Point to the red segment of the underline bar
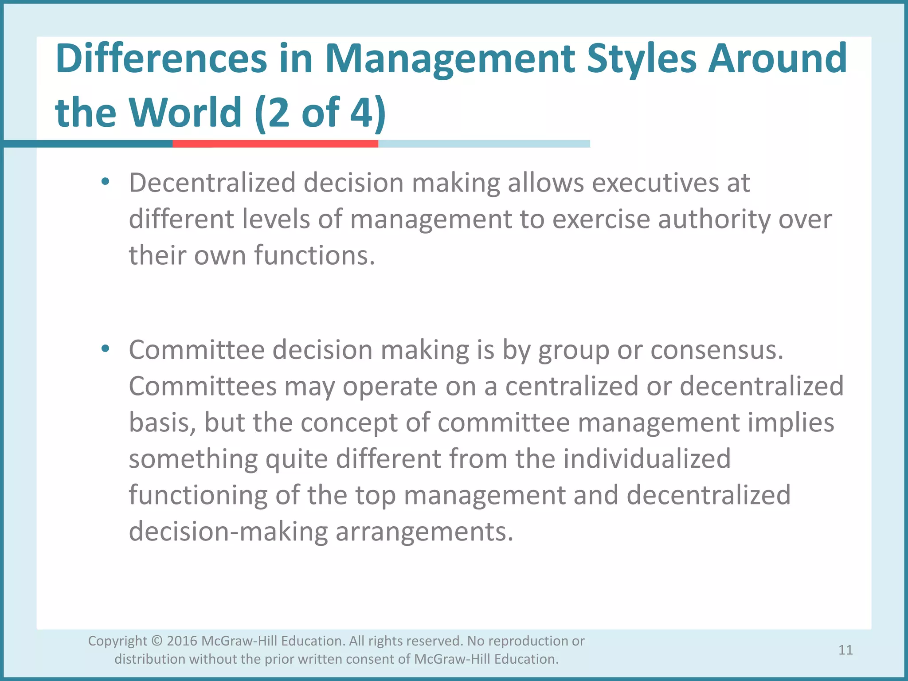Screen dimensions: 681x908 point(275,144)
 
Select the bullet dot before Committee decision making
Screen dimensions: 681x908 point(105,348)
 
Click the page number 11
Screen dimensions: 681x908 point(845,650)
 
